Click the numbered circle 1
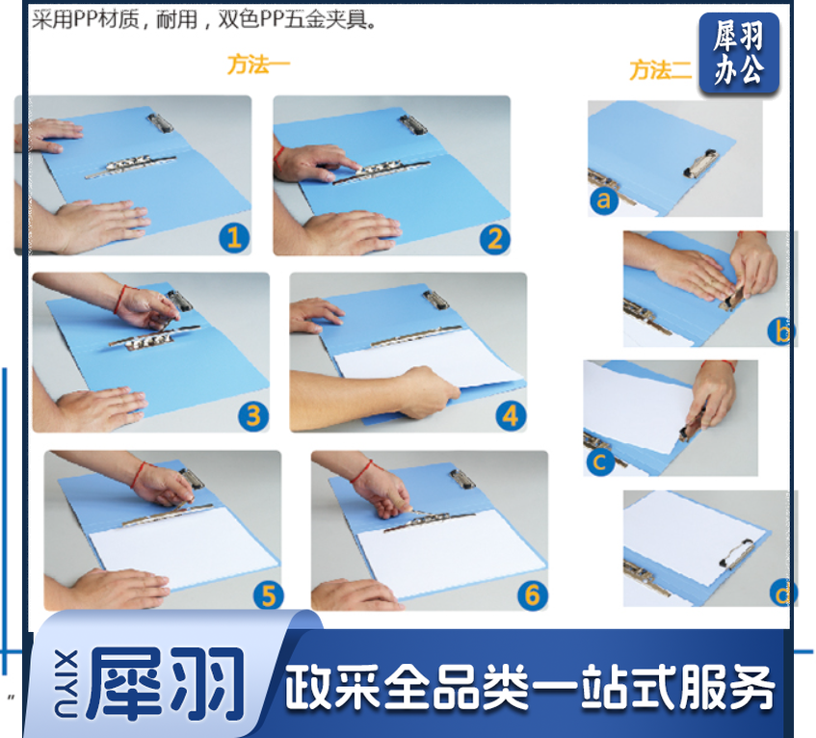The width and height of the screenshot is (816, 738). (234, 238)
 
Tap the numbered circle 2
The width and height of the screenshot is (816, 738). (495, 239)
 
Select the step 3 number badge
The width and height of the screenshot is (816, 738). (253, 416)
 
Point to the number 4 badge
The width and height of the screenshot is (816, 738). (511, 416)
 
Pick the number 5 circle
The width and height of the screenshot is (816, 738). (269, 595)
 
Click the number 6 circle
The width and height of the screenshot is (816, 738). (533, 595)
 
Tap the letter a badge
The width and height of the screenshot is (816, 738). (604, 199)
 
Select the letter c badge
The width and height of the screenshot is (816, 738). (600, 461)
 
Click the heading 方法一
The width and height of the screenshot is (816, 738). (258, 65)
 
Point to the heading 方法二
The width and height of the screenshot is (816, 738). (660, 69)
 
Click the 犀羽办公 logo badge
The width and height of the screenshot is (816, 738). (739, 54)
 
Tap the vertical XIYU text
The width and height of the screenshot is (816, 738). (66, 683)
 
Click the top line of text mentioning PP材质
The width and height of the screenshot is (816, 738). (204, 20)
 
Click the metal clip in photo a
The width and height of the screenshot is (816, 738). (700, 164)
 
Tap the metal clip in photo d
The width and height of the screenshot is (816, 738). (736, 553)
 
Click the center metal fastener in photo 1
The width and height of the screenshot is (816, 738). (130, 165)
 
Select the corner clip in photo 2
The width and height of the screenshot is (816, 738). (413, 124)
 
